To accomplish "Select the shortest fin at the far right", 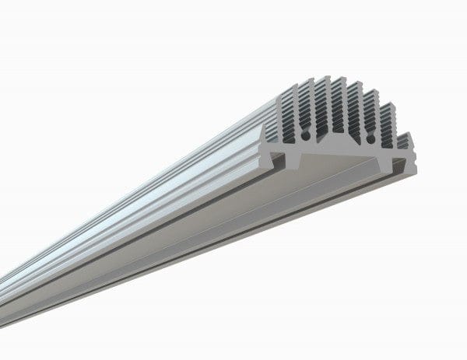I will click(406, 142).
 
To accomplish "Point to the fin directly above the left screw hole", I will click(310, 109).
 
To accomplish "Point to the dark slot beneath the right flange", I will click(401, 165).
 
